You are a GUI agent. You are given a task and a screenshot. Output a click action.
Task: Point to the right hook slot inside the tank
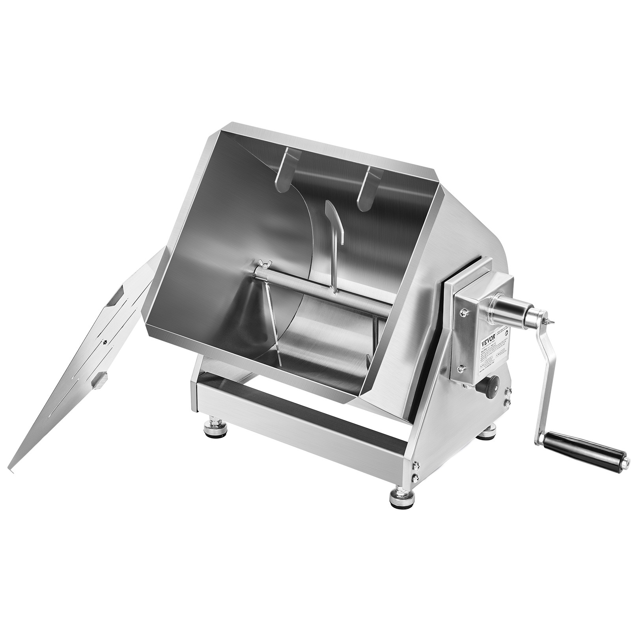click(x=366, y=185)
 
